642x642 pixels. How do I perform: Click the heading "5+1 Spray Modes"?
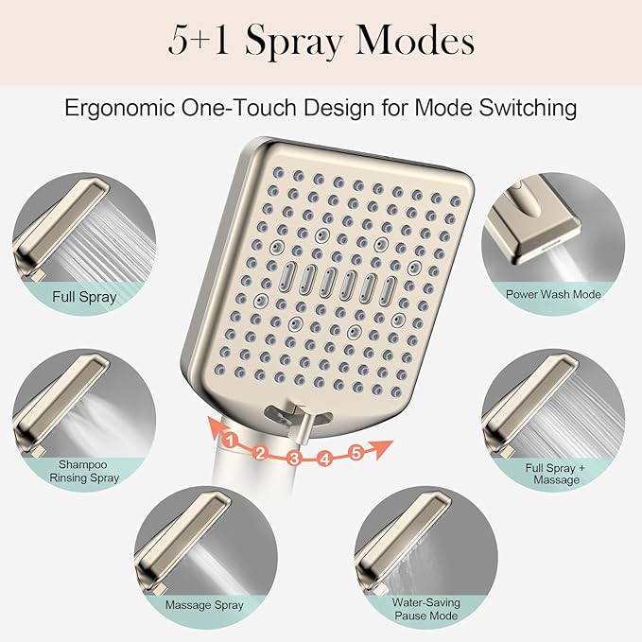(321, 43)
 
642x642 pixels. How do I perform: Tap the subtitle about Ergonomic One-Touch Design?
(321, 108)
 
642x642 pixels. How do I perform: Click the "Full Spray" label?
(85, 297)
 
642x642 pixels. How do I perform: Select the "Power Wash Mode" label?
(553, 294)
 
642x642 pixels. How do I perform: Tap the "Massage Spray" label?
(204, 604)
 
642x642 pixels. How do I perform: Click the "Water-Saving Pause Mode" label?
(427, 608)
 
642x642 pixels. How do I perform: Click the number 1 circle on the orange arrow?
(229, 438)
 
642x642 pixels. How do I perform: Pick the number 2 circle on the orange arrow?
(259, 452)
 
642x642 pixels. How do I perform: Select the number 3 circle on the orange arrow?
(293, 460)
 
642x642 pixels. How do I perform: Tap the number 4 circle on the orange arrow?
(325, 460)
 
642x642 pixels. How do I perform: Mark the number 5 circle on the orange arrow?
(356, 452)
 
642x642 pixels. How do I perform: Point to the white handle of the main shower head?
(293, 529)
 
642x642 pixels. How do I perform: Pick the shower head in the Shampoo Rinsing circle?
(43, 397)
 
